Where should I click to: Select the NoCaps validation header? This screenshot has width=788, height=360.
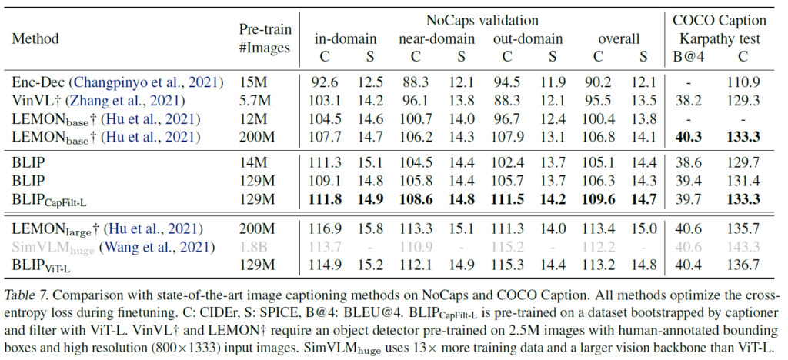pos(482,21)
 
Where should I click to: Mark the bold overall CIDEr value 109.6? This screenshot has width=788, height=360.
pos(600,201)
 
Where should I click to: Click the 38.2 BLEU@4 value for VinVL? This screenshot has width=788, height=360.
pos(684,100)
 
